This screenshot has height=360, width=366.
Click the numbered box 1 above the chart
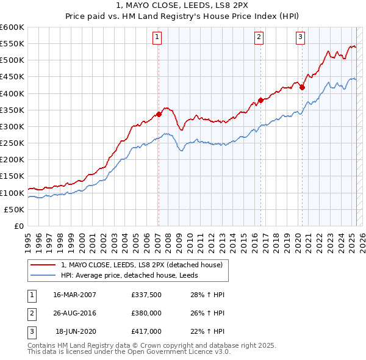coord(157,37)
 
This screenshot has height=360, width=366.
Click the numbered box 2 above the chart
coord(259,37)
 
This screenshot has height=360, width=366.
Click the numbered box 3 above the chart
coord(301,37)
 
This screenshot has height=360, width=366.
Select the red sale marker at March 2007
coord(159,113)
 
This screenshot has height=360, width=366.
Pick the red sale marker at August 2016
coord(260,99)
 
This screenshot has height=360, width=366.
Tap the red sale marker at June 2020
coord(302,87)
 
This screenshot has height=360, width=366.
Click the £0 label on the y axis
coord(18,226)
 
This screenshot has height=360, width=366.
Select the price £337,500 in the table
coord(146,295)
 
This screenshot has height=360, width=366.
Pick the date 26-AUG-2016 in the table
coord(75,313)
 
